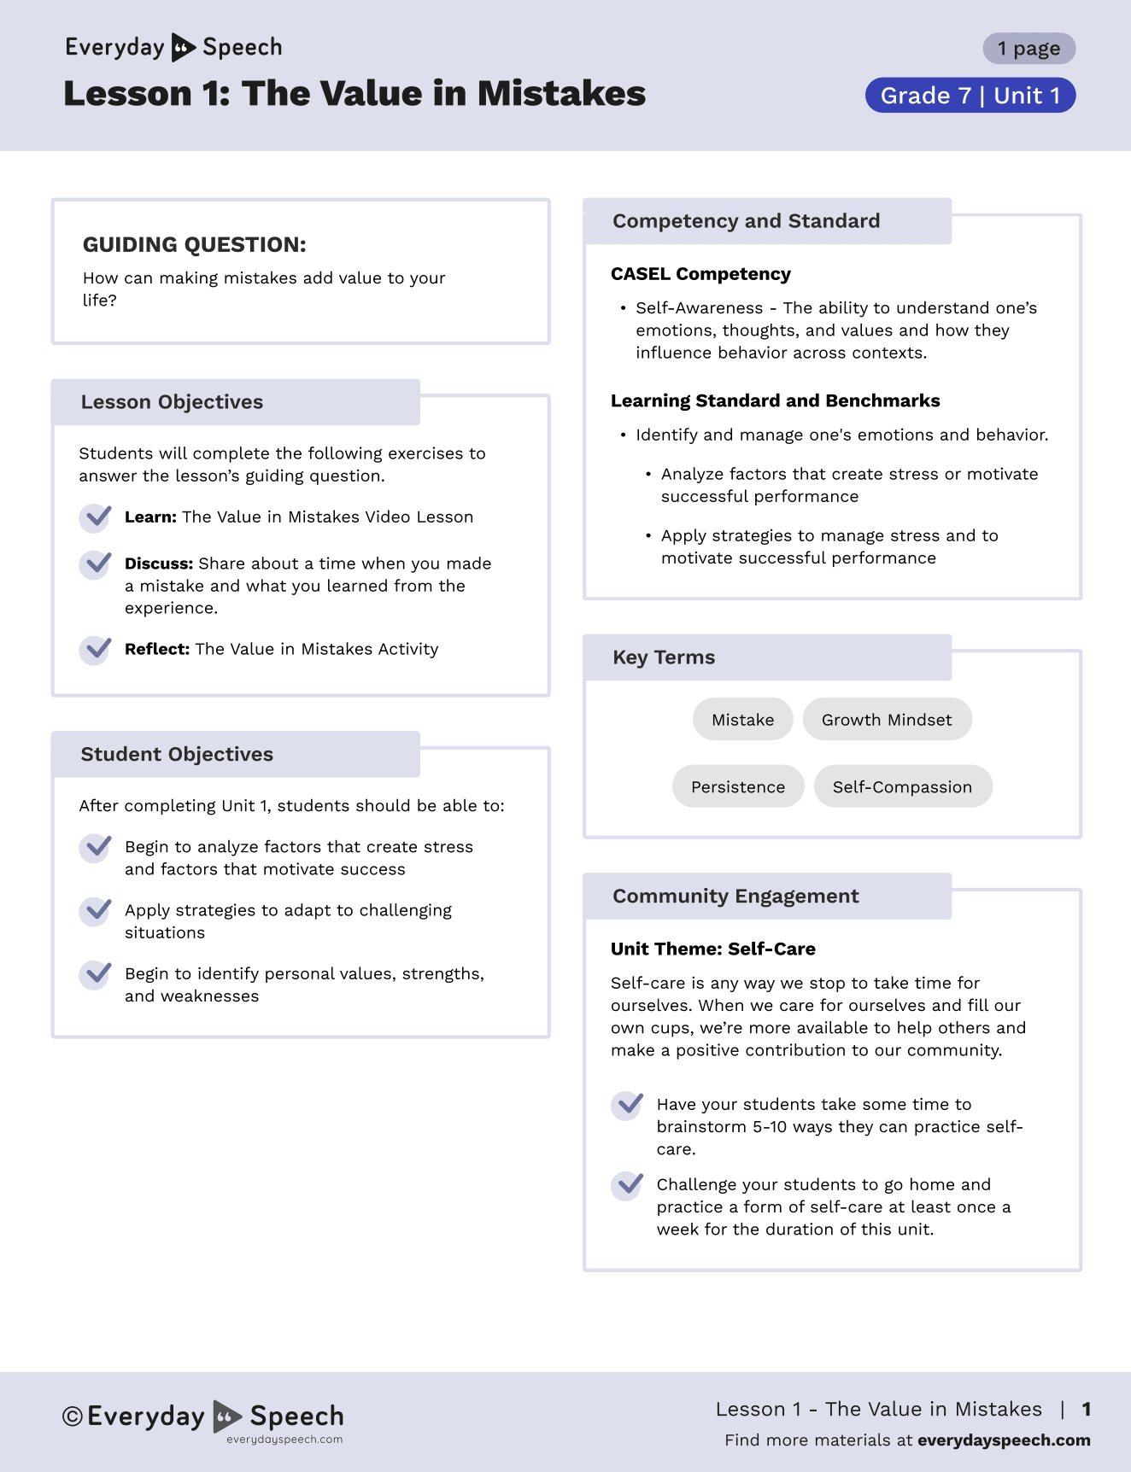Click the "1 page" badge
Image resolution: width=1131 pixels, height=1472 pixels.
click(1028, 49)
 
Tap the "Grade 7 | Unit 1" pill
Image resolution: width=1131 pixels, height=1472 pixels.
click(970, 96)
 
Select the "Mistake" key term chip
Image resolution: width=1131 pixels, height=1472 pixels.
click(742, 720)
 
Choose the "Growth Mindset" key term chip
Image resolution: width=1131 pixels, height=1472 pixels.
click(887, 720)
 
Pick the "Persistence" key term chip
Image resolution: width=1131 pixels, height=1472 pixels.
click(738, 786)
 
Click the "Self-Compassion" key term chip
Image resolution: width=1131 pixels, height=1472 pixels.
click(902, 786)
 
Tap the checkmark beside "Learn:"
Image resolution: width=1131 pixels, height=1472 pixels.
click(96, 517)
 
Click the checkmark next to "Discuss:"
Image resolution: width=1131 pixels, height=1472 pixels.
click(96, 564)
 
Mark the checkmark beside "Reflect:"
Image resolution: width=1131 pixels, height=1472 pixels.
click(96, 650)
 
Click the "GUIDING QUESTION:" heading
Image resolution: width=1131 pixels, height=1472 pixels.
click(194, 245)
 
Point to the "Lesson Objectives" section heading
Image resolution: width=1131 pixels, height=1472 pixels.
click(172, 402)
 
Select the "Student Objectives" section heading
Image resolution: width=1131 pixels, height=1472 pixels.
click(177, 755)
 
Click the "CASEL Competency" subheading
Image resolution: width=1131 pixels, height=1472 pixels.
click(700, 274)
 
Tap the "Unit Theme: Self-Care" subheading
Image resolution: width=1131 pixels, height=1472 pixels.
click(712, 949)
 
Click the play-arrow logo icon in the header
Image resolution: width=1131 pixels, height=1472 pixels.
click(184, 48)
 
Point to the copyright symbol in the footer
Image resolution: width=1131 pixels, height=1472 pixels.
click(73, 1417)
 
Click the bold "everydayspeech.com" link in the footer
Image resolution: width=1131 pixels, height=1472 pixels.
click(1004, 1440)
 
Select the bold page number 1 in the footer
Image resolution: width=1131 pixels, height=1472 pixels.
click(1087, 1409)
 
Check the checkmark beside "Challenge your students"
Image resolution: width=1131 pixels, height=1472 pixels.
click(628, 1185)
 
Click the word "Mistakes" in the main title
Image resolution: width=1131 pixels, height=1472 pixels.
click(561, 94)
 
